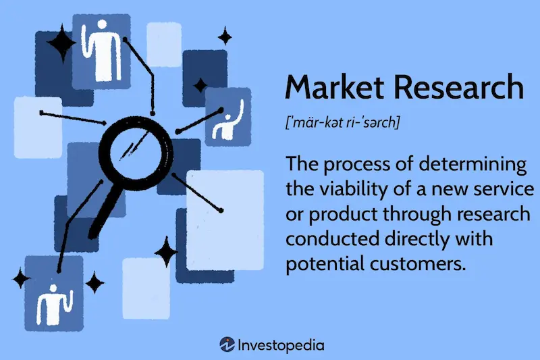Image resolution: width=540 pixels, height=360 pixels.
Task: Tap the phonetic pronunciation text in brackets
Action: [344, 123]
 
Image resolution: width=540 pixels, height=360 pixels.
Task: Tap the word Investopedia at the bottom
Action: [281, 345]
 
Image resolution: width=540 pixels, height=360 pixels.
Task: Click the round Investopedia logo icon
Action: [226, 344]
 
